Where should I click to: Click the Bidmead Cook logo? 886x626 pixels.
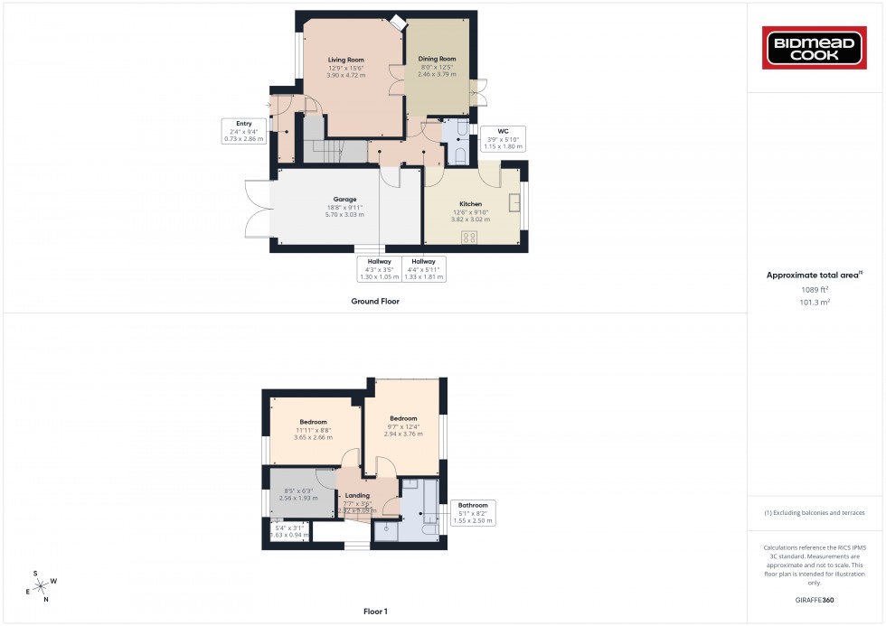coord(816,48)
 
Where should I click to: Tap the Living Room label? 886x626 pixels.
coord(345,60)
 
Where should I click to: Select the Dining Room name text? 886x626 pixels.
coord(437,60)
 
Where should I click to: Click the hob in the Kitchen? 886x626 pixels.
coord(470,238)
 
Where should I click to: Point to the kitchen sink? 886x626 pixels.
coord(516,201)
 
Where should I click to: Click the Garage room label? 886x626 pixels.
coord(345,200)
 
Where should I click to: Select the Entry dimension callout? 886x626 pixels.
coord(244,131)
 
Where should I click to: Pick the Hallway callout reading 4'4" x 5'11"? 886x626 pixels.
coord(424,267)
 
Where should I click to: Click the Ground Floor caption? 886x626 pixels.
coord(375,302)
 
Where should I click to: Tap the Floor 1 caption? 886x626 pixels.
coord(375,612)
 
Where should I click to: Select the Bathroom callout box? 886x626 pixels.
coord(473,511)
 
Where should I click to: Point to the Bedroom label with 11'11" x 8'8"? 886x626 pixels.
coord(313,422)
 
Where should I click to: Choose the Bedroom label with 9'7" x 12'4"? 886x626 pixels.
coord(403,418)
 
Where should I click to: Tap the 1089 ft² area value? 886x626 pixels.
coord(815,289)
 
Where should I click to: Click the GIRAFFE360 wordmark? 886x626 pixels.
coord(815,599)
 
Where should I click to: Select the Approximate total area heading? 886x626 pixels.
coord(814,275)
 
